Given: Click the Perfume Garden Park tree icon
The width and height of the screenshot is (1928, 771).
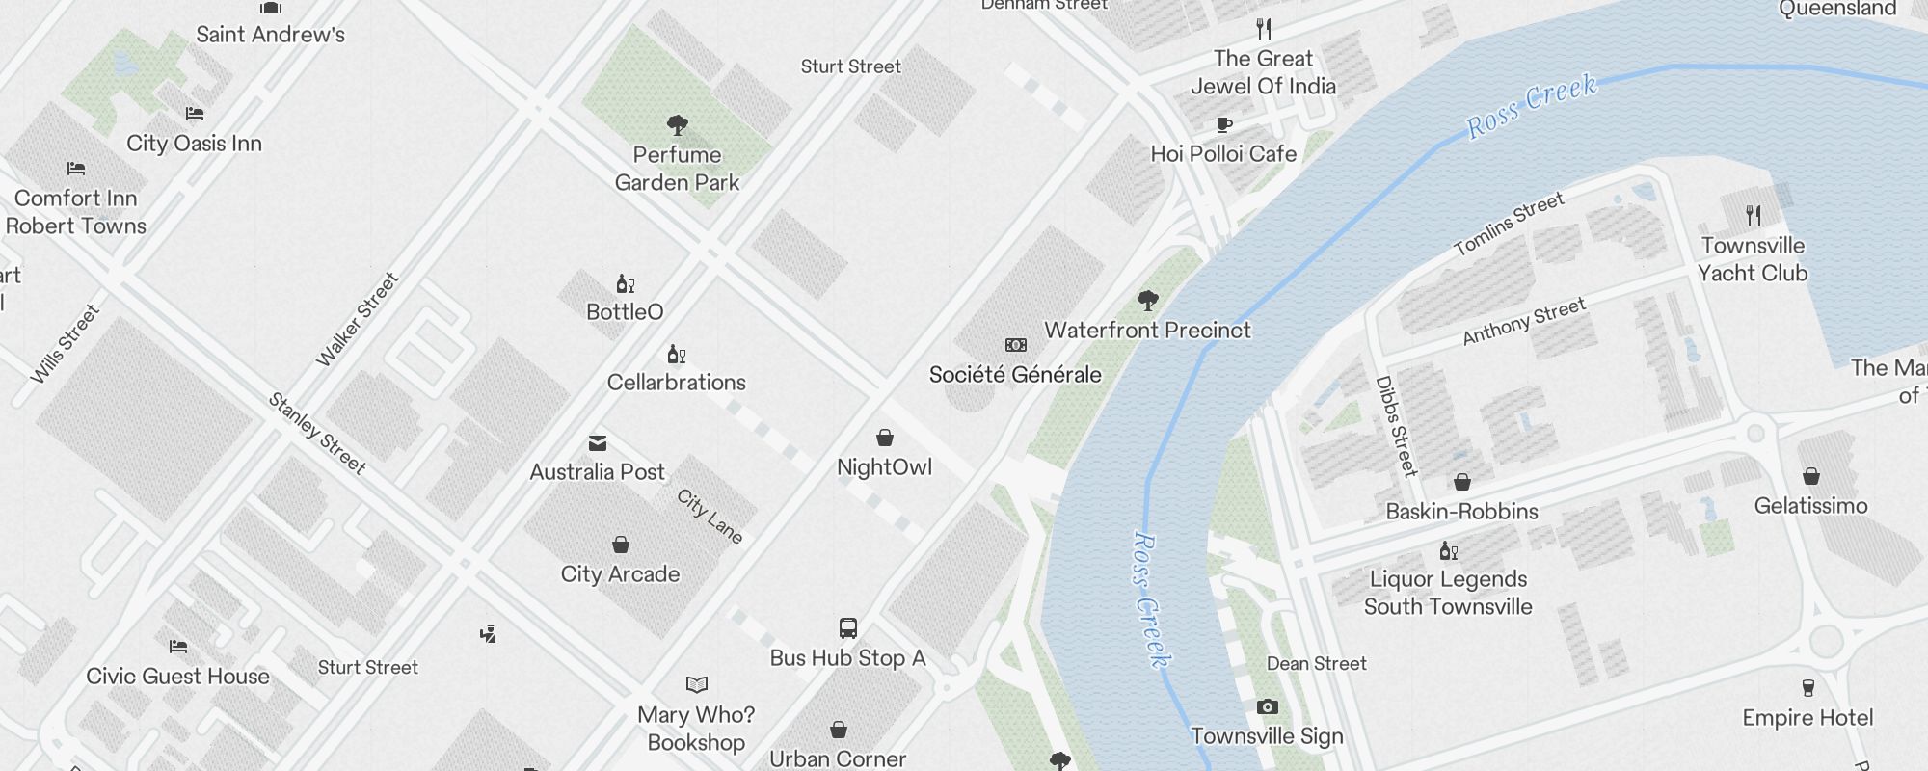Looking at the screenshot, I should point(678,124).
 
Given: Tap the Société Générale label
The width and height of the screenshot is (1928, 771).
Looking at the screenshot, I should point(1015,375).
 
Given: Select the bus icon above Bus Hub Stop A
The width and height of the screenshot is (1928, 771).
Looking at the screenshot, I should point(848,629).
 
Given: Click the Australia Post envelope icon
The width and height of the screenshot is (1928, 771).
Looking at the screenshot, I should point(598,443).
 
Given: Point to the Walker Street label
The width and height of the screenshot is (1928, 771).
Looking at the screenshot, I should point(358,319).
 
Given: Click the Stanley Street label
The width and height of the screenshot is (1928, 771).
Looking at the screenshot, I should point(317,434).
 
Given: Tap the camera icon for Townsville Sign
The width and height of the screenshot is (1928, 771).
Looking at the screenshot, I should point(1268,707).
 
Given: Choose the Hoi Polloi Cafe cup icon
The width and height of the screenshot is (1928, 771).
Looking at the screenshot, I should point(1224,124).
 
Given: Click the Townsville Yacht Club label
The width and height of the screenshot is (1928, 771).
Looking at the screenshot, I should point(1753,259).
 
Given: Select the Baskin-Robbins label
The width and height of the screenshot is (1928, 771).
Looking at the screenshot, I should point(1461,512).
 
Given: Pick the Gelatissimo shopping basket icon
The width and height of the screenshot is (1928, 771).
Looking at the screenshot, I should point(1811,476).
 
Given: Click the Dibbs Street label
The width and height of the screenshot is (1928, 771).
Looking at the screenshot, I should point(1397,426).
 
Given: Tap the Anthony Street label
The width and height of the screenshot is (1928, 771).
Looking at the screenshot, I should point(1524,322).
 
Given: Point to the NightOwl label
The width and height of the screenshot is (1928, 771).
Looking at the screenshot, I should point(884,467).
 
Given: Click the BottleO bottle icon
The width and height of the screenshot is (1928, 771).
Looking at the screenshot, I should point(625,284).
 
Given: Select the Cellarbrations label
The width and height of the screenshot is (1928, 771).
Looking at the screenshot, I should point(677,383).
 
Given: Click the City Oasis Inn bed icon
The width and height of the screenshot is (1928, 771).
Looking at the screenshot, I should point(195,114).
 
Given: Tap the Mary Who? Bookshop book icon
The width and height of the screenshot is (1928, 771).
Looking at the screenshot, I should point(697,684).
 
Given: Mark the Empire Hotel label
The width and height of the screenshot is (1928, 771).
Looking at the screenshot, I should point(1807,718).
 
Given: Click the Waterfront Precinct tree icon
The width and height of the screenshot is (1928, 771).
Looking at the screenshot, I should point(1147,301).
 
